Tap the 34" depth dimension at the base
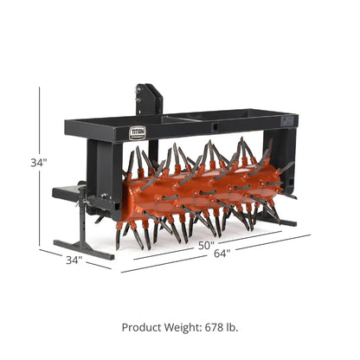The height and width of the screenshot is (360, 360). [x=74, y=259]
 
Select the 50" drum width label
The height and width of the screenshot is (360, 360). [x=205, y=247]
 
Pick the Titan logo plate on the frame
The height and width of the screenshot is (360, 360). [x=138, y=132]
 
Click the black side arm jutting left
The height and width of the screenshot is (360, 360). [x=65, y=193]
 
